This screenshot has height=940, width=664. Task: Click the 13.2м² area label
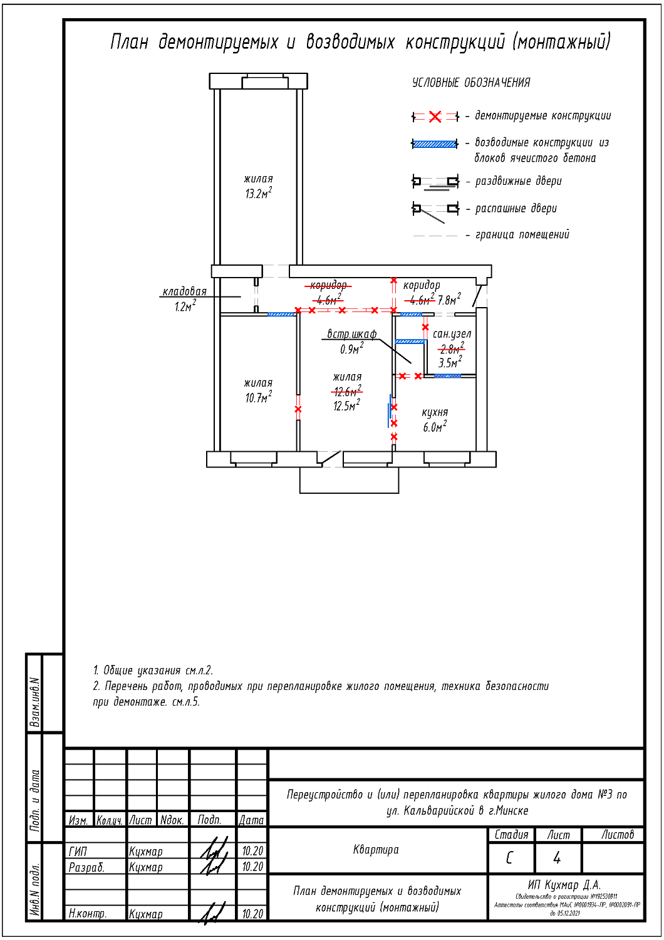[258, 194]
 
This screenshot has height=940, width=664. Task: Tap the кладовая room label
[184, 291]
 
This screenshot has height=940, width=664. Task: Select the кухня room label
[435, 412]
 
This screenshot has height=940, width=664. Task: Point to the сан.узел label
[452, 334]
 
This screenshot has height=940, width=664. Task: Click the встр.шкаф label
[351, 334]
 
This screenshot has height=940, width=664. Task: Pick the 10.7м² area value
[258, 397]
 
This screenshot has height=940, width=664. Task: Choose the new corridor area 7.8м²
[449, 300]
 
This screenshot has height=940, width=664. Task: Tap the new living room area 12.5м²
[346, 406]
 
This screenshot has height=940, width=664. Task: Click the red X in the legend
[435, 117]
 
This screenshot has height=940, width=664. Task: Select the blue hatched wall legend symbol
[435, 144]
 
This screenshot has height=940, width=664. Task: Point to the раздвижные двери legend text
[518, 181]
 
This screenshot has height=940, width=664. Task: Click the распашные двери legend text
[516, 209]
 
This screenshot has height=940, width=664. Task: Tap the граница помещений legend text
[522, 235]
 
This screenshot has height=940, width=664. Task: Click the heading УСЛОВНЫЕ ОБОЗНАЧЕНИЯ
[471, 83]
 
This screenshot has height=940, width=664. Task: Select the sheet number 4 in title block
[557, 858]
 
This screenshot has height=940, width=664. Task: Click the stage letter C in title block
[510, 858]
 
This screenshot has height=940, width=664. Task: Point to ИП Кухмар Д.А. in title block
[564, 885]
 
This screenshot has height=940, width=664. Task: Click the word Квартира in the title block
[376, 850]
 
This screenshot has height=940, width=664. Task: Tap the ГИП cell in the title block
[78, 851]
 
